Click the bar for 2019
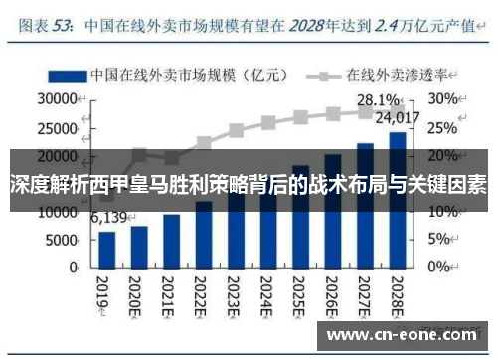tap(107, 250)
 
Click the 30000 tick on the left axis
tap(57, 99)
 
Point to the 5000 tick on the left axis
tap(61, 240)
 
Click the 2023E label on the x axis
tap(236, 293)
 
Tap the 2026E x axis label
tap(332, 293)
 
